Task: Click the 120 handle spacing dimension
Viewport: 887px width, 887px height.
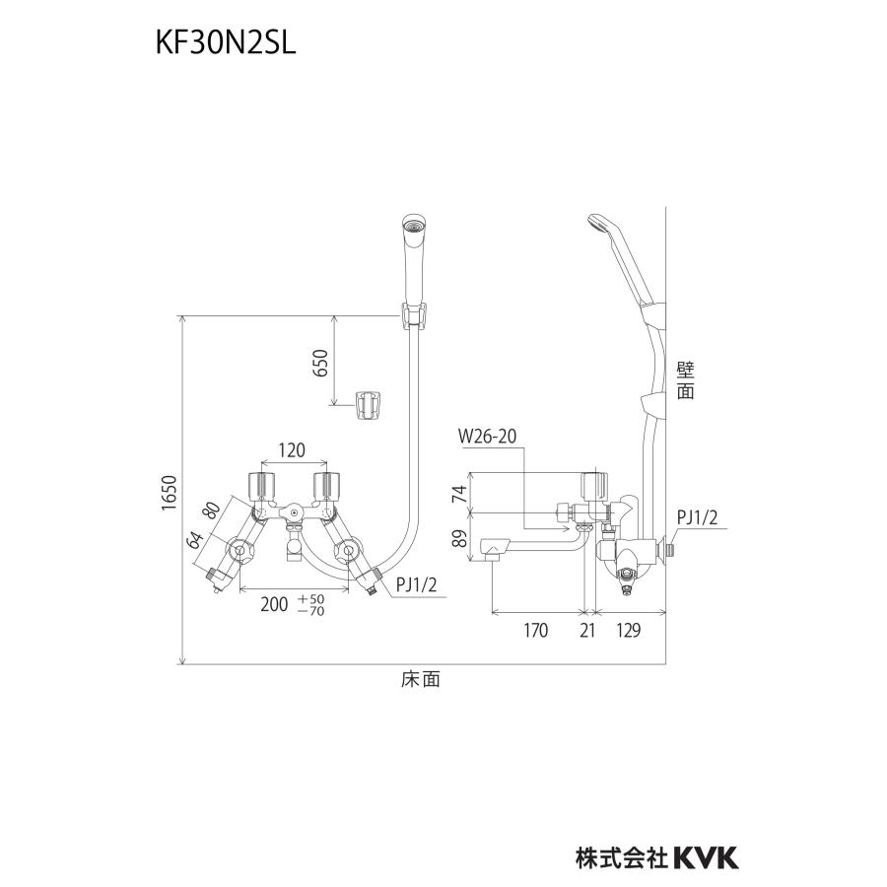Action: (293, 450)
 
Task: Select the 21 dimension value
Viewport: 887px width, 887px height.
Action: (587, 632)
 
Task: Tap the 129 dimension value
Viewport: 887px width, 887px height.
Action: (631, 632)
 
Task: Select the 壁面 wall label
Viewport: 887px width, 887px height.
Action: (686, 380)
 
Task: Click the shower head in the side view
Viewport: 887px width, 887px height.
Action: (603, 226)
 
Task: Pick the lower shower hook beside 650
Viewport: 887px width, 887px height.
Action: (369, 404)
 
